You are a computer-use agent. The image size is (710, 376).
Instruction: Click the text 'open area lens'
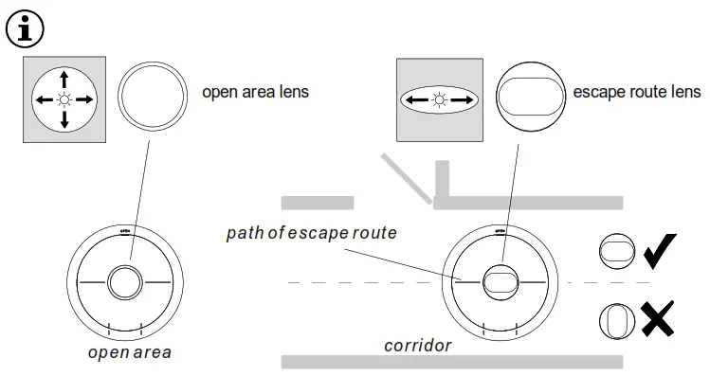point(256,93)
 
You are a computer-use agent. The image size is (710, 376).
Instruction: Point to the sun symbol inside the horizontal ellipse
point(439,98)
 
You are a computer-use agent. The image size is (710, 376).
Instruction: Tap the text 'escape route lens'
point(637,93)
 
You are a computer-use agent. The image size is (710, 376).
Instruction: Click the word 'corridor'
point(417,345)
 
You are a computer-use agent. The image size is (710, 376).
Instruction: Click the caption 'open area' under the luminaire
point(130,352)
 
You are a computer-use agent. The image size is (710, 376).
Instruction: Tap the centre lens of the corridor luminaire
point(500,282)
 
